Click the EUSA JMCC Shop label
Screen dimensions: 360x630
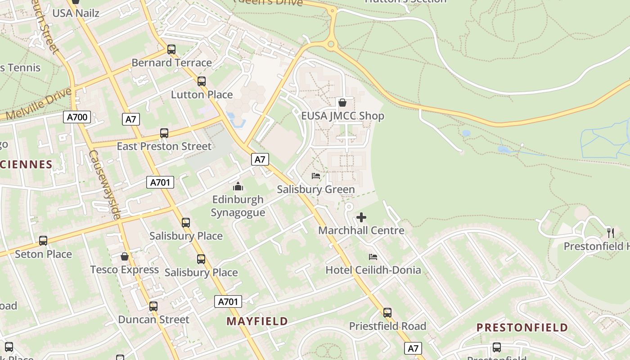[x=342, y=116]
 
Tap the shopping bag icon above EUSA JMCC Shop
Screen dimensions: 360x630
[x=342, y=103]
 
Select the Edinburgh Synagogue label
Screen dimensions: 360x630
[x=238, y=206]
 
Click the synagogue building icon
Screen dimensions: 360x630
[x=238, y=186]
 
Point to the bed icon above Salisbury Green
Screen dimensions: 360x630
[x=316, y=176]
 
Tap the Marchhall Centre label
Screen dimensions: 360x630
[x=361, y=230]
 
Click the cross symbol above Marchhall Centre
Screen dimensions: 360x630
[x=361, y=218]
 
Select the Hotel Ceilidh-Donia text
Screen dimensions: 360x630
[x=373, y=270]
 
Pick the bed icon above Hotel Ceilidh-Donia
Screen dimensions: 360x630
[x=373, y=257]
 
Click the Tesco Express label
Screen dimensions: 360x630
[x=125, y=270]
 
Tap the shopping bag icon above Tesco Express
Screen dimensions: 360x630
[x=125, y=256]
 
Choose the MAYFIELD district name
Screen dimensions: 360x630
[x=257, y=321]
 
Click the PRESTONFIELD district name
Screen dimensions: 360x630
[x=522, y=328]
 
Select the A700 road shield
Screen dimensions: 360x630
[x=77, y=118]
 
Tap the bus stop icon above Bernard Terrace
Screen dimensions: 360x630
[x=171, y=49]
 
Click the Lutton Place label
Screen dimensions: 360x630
[x=202, y=95]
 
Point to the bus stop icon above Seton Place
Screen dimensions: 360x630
[x=43, y=241]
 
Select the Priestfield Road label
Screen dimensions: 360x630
[x=387, y=326]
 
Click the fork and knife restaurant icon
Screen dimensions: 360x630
[x=610, y=233]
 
